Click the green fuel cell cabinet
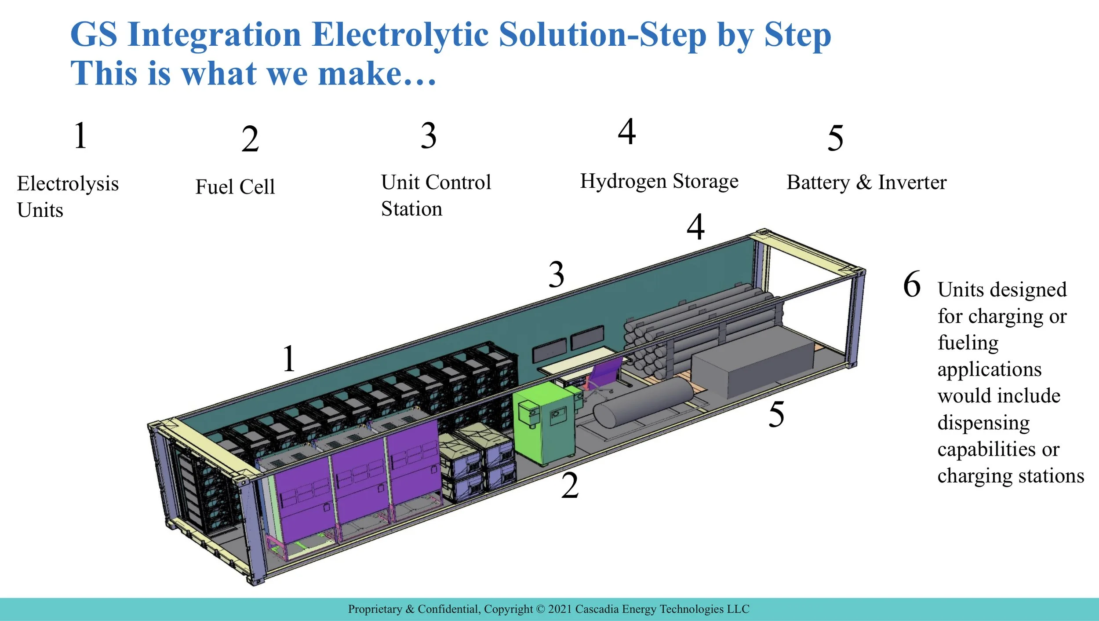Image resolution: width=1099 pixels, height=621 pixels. [x=544, y=422]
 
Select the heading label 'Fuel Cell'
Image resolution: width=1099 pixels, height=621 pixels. [x=235, y=186]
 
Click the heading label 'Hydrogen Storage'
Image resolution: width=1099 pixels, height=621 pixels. [x=659, y=181]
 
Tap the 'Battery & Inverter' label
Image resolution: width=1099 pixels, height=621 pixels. [x=866, y=182]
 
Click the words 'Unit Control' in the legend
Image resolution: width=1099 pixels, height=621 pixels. [x=436, y=182]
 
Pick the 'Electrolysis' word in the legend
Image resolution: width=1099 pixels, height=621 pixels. [x=68, y=184]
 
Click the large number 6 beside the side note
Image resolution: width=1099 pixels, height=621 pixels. [x=912, y=284]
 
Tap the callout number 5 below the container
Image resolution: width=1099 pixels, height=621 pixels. [x=776, y=414]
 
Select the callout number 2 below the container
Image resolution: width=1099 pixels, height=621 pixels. [x=570, y=486]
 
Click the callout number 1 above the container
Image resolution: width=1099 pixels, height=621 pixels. [x=289, y=358]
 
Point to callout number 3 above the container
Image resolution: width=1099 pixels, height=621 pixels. [x=557, y=274]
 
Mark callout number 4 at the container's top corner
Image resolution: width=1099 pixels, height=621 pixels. [x=696, y=226]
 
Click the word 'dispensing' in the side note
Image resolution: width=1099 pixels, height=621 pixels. [x=984, y=423]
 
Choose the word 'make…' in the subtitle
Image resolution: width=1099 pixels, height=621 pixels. [x=377, y=73]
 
